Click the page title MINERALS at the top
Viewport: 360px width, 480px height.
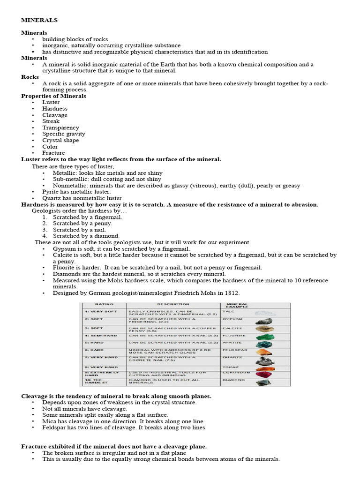pos(39,20)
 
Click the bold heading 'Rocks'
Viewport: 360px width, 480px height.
pos(30,77)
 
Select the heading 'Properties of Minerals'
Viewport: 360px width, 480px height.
pos(53,96)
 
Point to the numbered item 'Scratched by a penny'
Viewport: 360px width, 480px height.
pos(79,224)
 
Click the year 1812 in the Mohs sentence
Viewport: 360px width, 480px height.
pos(233,292)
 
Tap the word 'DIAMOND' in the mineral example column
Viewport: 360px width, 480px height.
pos(233,380)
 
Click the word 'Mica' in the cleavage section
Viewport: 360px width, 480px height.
pos(49,421)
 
